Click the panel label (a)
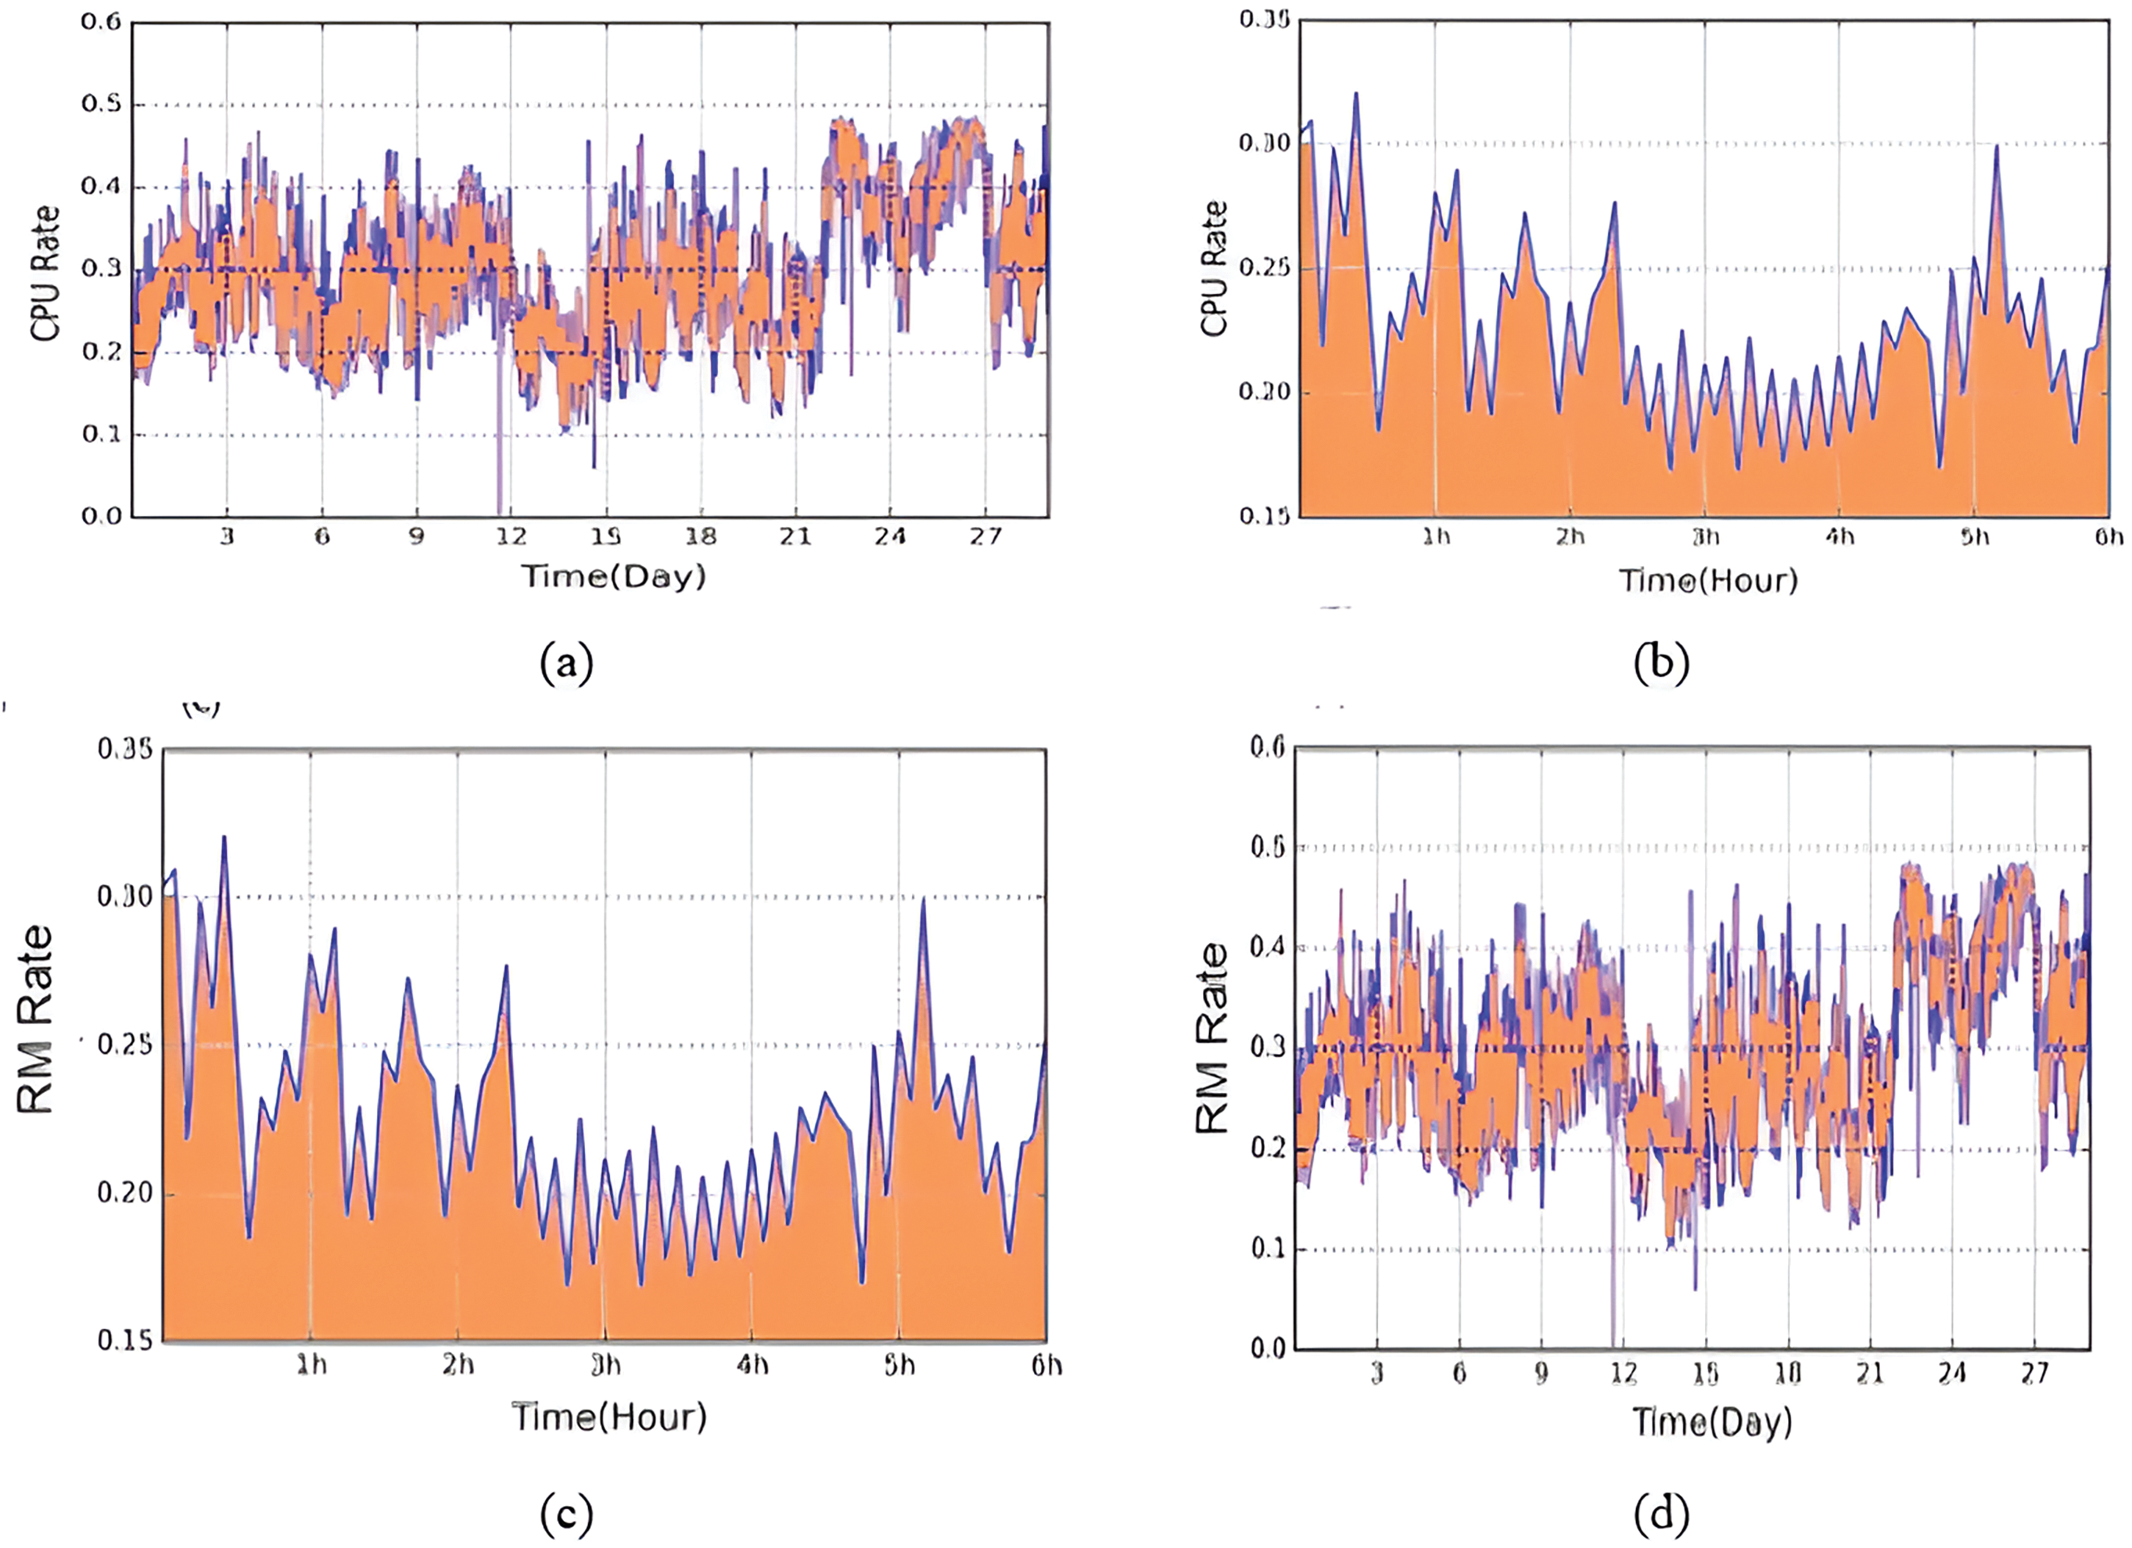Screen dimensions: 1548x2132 tap(567, 663)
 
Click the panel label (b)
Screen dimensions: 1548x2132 tap(1661, 663)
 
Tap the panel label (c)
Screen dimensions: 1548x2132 tap(567, 1514)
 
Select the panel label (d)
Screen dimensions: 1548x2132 tap(1661, 1514)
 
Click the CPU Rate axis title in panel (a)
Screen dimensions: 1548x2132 tap(45, 272)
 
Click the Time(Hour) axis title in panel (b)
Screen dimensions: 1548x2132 tap(1708, 579)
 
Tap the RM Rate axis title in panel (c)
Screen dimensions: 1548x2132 tap(36, 1020)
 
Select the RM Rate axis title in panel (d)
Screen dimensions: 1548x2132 tap(1213, 1038)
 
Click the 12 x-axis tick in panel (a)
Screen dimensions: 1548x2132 tap(512, 536)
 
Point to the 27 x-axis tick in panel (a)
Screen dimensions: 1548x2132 tap(985, 536)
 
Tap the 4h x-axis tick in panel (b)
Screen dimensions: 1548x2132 tap(1840, 536)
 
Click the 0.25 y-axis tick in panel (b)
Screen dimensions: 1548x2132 tap(1263, 268)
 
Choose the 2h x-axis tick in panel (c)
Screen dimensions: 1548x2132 tap(458, 1365)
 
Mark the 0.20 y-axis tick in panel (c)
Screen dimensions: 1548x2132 tap(125, 1192)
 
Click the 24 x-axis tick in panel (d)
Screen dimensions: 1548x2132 tap(1952, 1373)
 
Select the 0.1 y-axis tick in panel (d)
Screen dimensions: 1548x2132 tap(1269, 1248)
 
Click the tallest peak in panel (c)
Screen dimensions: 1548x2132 tap(224, 837)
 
